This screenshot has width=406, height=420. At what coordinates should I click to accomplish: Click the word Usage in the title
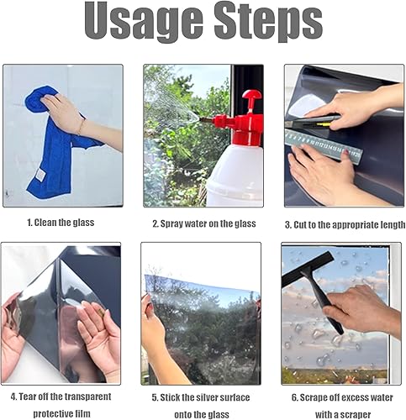coord(144,22)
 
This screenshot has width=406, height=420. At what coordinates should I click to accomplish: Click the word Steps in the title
coord(269,22)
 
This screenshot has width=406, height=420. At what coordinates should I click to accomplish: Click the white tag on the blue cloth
coord(40,175)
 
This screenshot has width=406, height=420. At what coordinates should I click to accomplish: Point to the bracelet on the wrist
coord(81,128)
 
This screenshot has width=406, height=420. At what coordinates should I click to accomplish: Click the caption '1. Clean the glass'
coord(61,223)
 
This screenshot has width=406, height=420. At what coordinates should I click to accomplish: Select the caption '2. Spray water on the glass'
coord(204,223)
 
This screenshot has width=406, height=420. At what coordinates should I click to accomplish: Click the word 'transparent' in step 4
coord(88,396)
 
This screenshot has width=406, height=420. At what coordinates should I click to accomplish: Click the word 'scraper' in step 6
coord(356,415)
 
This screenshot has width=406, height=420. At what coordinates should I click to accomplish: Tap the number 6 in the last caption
coord(294,398)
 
